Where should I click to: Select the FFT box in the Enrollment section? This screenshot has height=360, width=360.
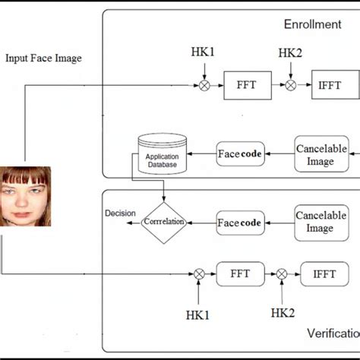[x=247, y=85]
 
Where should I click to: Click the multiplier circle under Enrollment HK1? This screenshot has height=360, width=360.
[x=204, y=85]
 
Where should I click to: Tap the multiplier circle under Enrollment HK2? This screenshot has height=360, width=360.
[x=290, y=85]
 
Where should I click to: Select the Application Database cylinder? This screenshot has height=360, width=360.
[x=162, y=154]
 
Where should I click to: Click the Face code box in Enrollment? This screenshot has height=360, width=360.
[x=240, y=153]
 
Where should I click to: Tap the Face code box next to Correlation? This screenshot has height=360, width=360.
[x=240, y=223]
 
